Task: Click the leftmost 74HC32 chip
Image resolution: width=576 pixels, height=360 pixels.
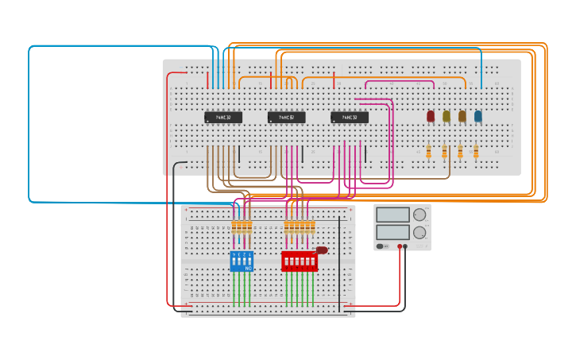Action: tap(223, 118)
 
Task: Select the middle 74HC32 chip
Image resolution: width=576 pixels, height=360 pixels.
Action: tap(286, 118)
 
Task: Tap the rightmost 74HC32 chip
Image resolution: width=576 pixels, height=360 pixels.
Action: tap(350, 118)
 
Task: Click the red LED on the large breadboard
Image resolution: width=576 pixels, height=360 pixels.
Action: tap(431, 116)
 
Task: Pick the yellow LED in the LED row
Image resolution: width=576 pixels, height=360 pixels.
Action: tap(446, 116)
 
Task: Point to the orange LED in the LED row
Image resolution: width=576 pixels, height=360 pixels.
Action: tap(462, 116)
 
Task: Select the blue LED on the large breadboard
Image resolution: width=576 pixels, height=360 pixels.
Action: tap(478, 116)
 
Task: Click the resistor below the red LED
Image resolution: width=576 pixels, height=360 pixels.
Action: tap(429, 151)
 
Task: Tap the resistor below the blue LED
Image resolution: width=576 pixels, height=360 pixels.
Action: tap(476, 151)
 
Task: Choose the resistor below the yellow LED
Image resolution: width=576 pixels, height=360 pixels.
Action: tap(445, 151)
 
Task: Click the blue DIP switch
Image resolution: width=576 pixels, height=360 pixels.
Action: tap(242, 261)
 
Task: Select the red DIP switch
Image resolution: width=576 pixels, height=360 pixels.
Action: tap(299, 261)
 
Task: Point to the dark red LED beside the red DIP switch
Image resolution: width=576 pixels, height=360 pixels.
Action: tap(322, 250)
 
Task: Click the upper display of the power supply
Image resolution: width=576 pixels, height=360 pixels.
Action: tap(393, 215)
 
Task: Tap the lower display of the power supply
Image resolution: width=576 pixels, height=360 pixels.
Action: tap(393, 232)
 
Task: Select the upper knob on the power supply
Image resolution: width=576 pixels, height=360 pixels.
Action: tap(419, 215)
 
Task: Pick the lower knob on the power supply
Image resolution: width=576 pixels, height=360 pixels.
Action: tap(419, 233)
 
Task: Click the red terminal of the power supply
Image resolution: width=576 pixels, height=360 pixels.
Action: tap(400, 246)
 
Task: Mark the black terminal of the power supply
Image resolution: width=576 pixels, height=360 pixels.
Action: tap(405, 246)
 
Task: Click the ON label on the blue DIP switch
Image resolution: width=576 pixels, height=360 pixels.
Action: tap(249, 269)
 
